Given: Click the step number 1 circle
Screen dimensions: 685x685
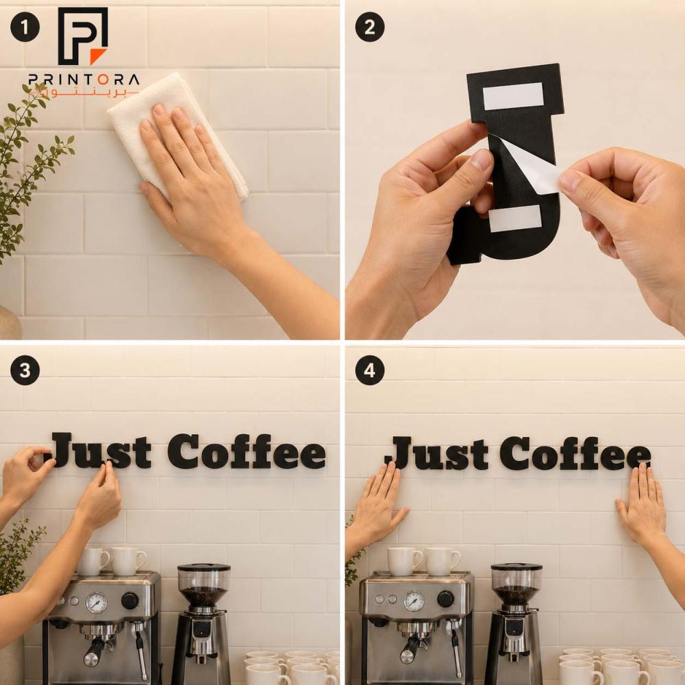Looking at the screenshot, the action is (x=25, y=27).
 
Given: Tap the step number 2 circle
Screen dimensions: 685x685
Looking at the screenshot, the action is (x=370, y=27).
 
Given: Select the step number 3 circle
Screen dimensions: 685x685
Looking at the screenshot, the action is (x=25, y=371).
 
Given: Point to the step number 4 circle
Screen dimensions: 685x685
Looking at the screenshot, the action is (x=370, y=371).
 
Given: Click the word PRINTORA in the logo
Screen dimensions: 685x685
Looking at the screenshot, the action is (x=84, y=79).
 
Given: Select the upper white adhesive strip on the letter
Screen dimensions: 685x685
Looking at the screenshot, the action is (x=513, y=96).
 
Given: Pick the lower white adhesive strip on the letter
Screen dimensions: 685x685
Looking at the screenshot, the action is (x=515, y=219).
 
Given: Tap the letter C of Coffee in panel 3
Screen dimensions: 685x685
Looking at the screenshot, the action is (x=184, y=451).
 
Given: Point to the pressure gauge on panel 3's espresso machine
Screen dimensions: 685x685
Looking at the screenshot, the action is (x=96, y=603).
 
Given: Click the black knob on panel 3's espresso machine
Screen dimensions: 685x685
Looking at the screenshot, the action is (x=129, y=601).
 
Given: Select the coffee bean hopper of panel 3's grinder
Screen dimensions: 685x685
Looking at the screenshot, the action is (x=203, y=586).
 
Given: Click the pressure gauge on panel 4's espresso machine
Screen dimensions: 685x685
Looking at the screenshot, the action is (x=414, y=601).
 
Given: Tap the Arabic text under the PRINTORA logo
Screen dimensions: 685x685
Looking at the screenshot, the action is (x=83, y=93).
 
